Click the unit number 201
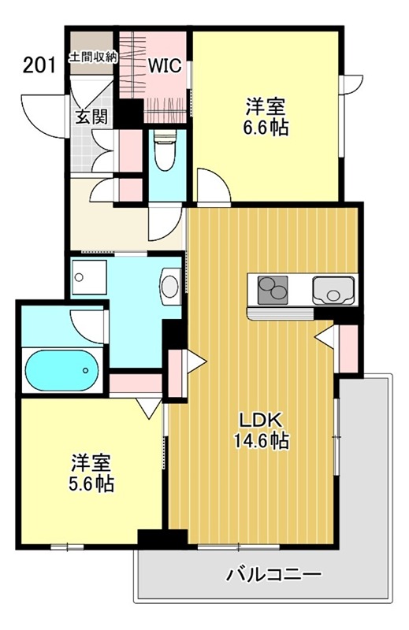coord(39,65)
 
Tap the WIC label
coord(165,66)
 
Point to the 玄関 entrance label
coord(92,117)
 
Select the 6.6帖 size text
coord(266,128)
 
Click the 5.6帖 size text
coord(91,484)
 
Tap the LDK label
coord(259,421)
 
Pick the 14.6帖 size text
coord(261,441)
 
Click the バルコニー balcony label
coord(274,575)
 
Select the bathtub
coord(62,370)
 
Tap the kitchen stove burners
coord(272,289)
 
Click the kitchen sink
coord(333,291)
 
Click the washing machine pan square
coord(89,278)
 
